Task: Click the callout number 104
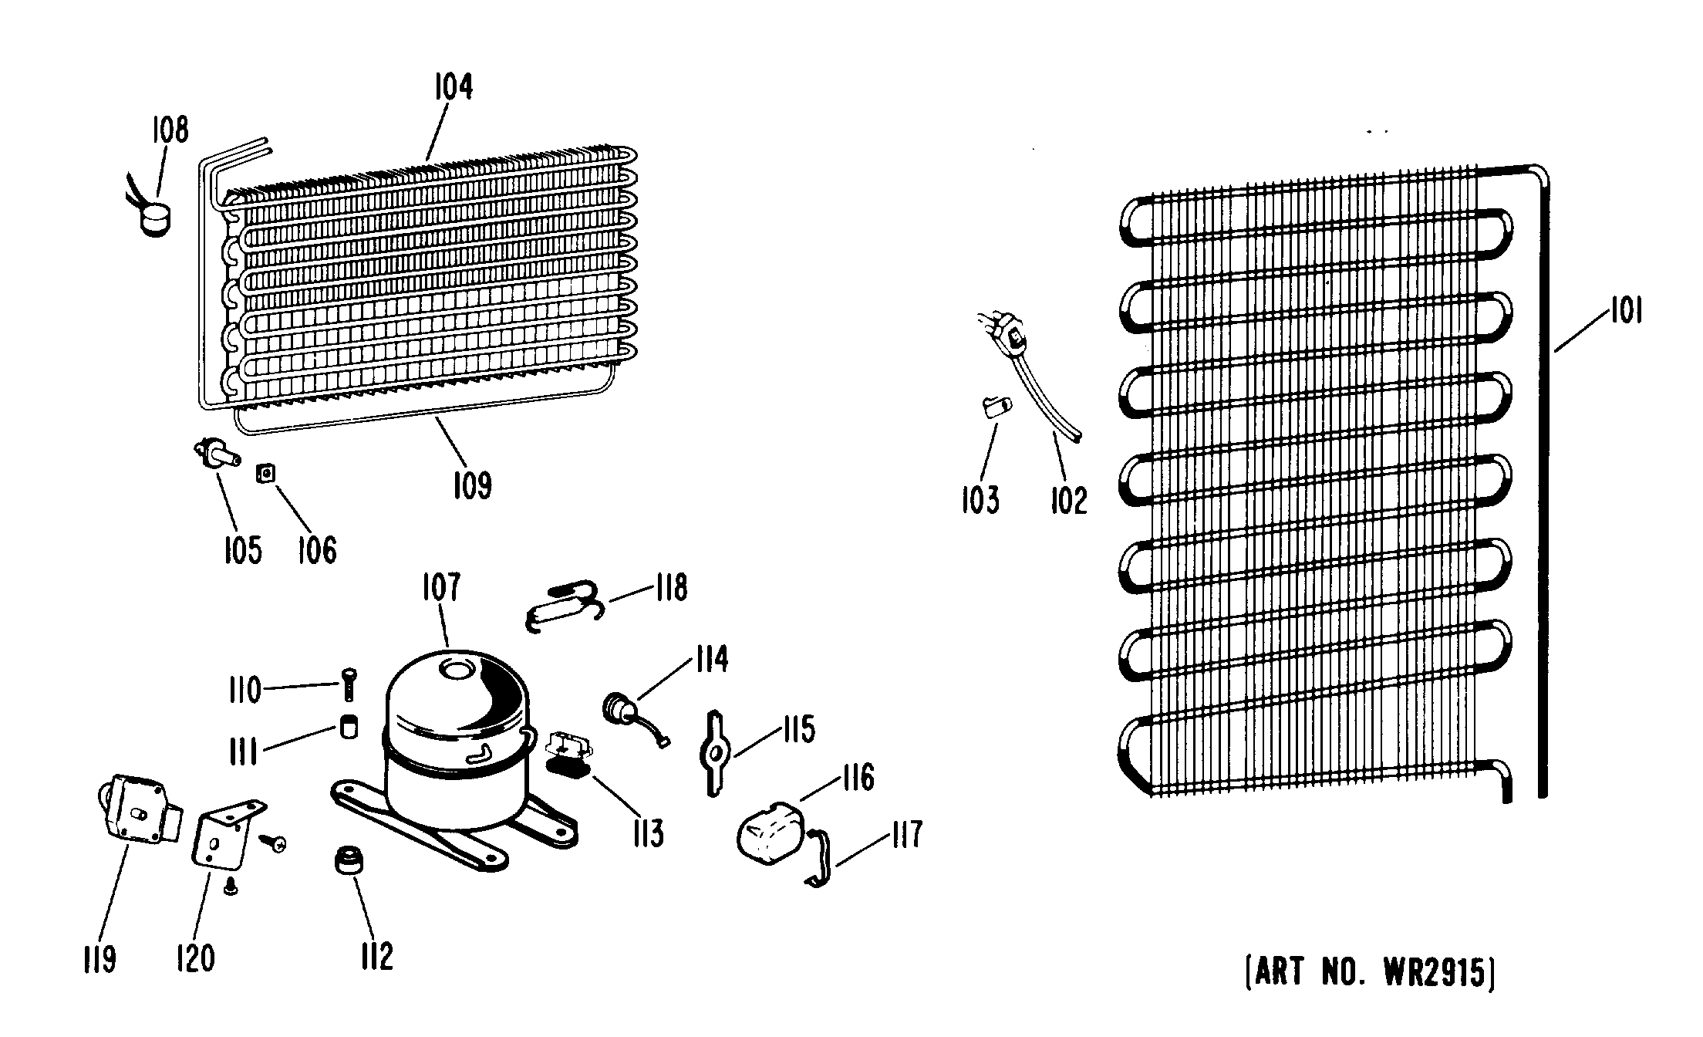click(453, 87)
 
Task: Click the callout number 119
click(99, 960)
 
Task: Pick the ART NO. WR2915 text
click(1370, 972)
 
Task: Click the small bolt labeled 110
click(347, 684)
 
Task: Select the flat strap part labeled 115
click(715, 752)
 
